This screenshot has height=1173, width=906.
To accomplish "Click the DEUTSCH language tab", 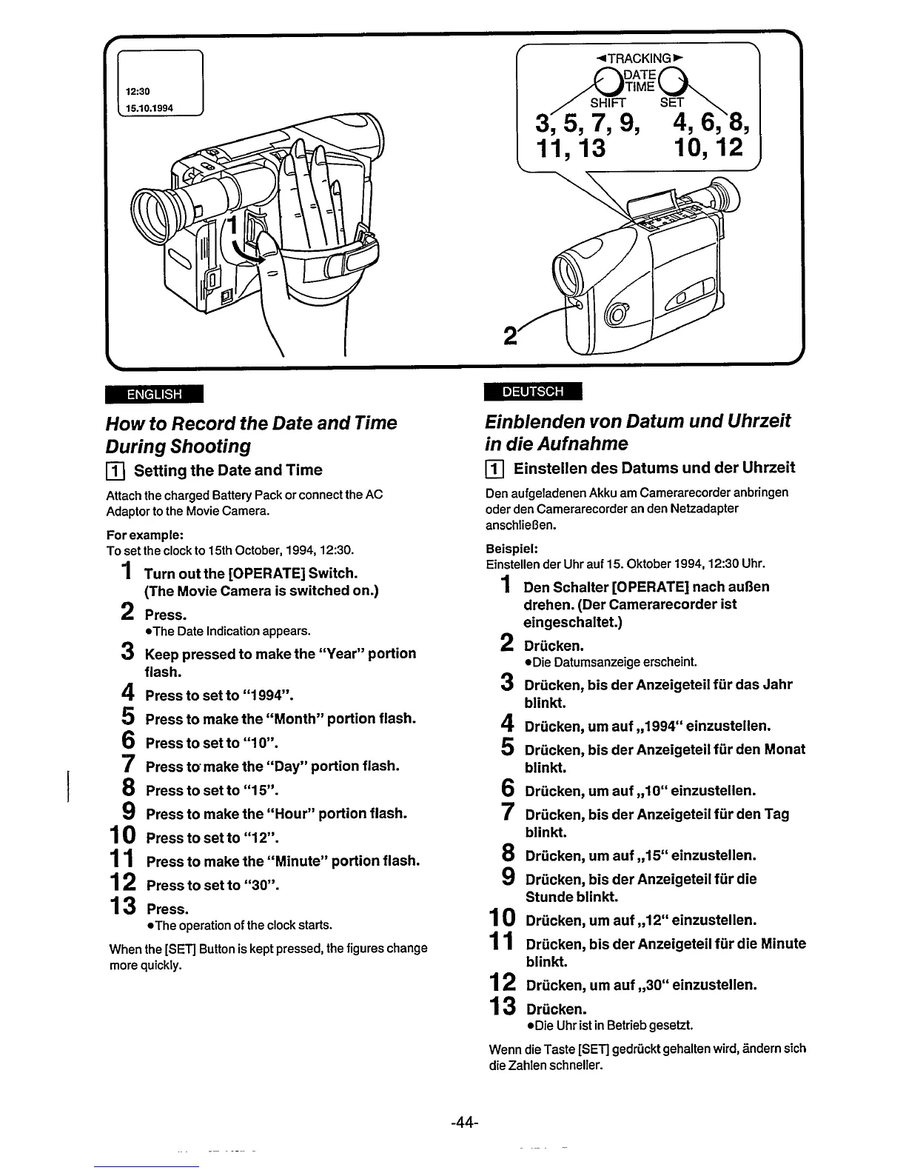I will tap(532, 391).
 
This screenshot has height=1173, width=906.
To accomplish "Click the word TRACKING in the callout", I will tap(639, 57).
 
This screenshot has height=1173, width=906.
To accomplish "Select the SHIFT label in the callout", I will tap(608, 102).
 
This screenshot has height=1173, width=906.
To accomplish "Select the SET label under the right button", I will tap(672, 102).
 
